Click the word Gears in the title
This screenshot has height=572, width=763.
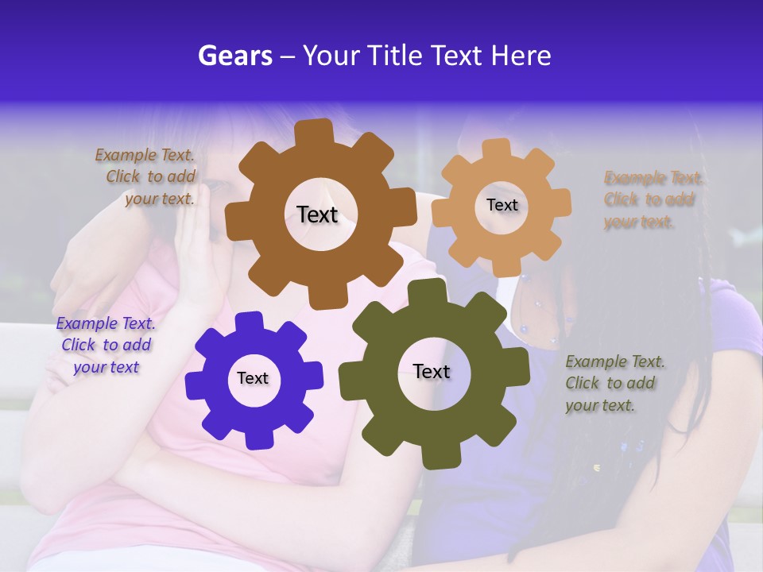(234, 56)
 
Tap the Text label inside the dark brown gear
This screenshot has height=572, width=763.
(317, 214)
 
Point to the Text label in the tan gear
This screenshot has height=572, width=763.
(502, 205)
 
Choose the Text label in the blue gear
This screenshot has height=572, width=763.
(253, 378)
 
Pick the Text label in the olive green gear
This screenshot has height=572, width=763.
(432, 371)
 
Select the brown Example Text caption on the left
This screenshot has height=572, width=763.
(148, 177)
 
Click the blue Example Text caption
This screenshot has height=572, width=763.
(105, 345)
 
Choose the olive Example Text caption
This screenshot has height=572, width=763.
(614, 383)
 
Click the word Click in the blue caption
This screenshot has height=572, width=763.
(79, 345)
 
